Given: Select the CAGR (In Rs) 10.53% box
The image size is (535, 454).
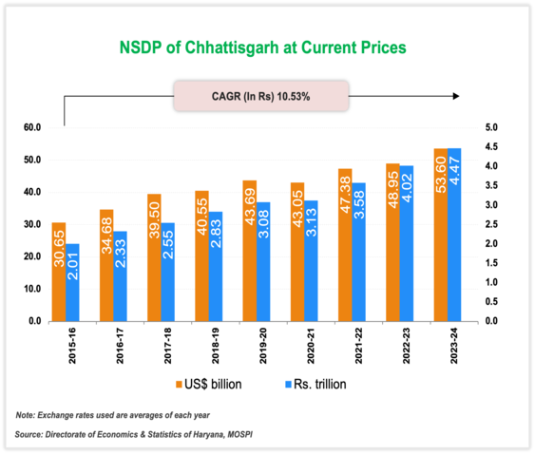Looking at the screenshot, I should pos(260,96).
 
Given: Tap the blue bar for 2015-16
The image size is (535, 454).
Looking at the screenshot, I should pos(72,282).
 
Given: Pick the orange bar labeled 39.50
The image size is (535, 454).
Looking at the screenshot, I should pos(154,257).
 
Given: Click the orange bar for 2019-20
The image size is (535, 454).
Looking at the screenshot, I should pos(249,251).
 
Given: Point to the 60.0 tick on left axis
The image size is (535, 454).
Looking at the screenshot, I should pos(31,127).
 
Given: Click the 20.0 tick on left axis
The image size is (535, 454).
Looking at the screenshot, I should pos(31,256).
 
